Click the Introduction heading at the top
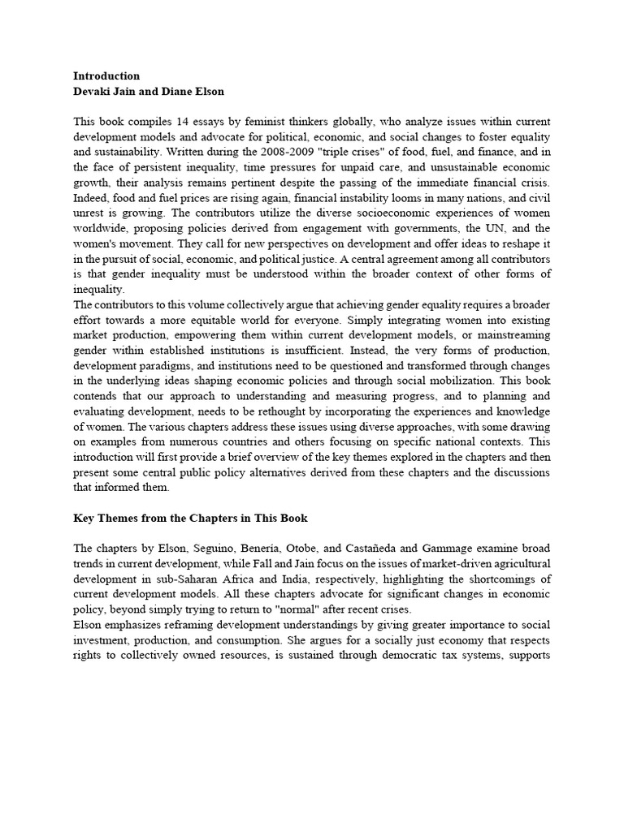107,75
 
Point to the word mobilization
501,380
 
